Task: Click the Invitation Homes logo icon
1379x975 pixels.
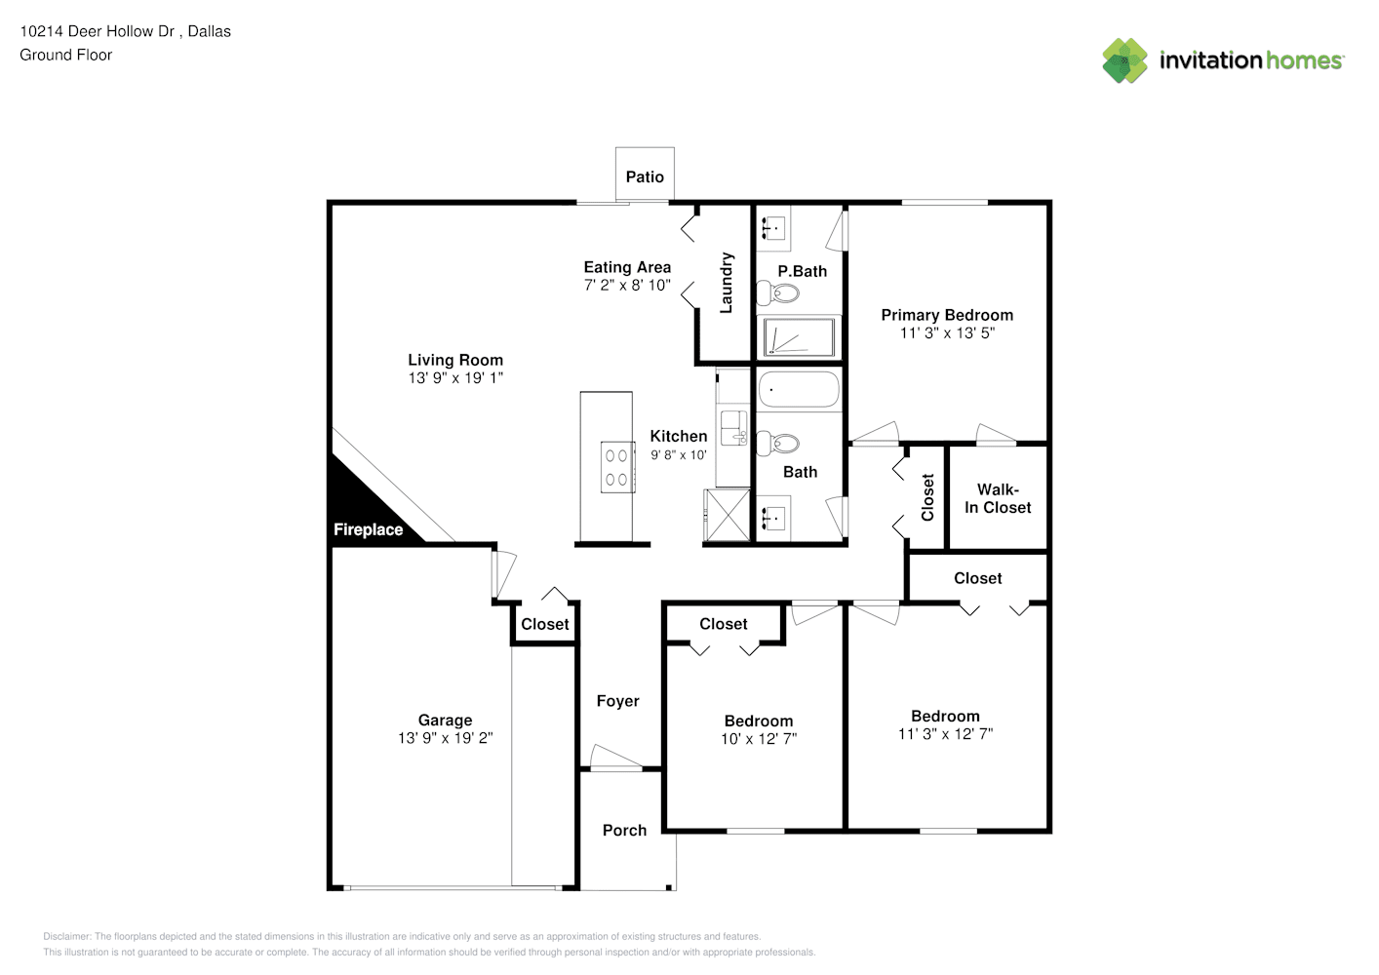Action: coord(1124,60)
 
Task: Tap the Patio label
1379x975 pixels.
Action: coord(645,177)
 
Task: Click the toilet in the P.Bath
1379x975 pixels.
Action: coord(777,292)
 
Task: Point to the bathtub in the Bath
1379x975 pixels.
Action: coord(799,390)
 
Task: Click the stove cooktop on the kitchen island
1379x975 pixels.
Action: coord(617,467)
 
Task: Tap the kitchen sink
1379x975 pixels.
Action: coord(733,428)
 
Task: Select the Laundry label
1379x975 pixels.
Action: coord(727,283)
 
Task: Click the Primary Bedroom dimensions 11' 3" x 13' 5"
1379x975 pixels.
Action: coord(947,333)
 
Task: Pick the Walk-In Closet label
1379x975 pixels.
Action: coord(998,498)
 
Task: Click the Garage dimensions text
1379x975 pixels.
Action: coord(445,737)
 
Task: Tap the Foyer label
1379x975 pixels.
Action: coord(617,701)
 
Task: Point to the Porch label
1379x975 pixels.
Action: coord(624,831)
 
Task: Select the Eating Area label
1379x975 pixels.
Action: coord(627,267)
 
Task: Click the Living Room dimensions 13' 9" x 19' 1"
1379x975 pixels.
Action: coord(455,378)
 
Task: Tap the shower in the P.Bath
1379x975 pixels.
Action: coord(799,336)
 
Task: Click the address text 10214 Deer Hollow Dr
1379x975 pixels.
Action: coord(98,31)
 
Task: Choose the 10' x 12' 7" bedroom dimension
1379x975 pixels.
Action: coord(759,739)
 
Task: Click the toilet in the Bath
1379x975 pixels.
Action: coord(777,444)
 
